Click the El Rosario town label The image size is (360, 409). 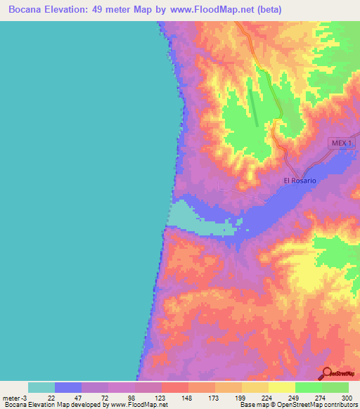click(x=300, y=181)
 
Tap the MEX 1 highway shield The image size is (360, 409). click(x=343, y=143)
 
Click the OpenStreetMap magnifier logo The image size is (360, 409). click(x=327, y=372)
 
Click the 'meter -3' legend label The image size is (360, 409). click(x=15, y=397)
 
